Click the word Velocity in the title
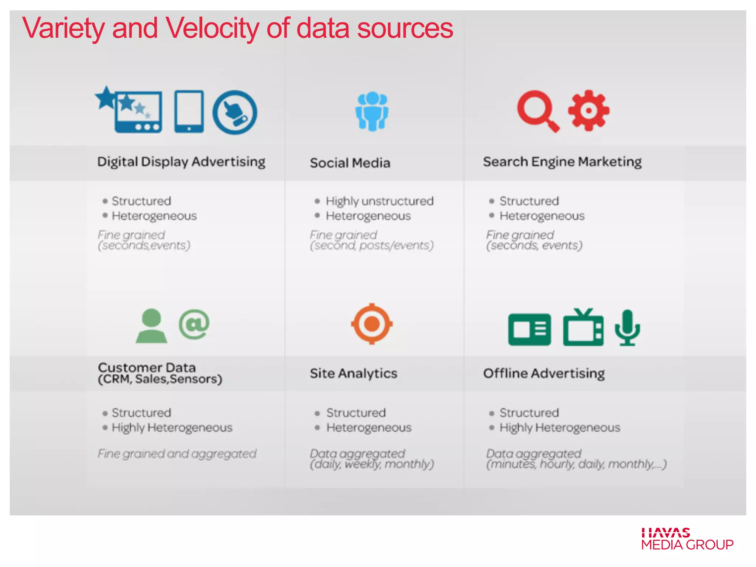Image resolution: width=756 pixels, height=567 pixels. (212, 29)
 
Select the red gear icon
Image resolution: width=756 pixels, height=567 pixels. (588, 110)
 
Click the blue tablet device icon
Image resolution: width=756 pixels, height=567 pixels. (189, 111)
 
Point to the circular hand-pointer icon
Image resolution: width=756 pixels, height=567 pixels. (235, 112)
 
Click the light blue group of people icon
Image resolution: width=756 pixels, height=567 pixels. (372, 111)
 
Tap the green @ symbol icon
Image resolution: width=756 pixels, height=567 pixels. (194, 324)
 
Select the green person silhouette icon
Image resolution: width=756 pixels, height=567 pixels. (151, 326)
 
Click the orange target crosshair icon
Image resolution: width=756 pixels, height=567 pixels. (372, 324)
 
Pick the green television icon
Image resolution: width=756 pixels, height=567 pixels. (583, 328)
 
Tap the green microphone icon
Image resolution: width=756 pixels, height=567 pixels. (627, 328)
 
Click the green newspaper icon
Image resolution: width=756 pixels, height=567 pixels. (529, 329)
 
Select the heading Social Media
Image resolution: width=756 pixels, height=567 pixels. (350, 163)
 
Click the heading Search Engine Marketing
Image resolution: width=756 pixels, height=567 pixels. (562, 162)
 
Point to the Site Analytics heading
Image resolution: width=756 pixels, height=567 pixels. (353, 373)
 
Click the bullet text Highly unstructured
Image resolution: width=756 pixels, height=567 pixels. (379, 201)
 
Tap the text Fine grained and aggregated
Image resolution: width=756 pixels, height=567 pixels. (177, 454)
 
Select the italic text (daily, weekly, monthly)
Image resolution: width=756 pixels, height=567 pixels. (372, 464)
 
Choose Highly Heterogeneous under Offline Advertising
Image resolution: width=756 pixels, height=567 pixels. (559, 427)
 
